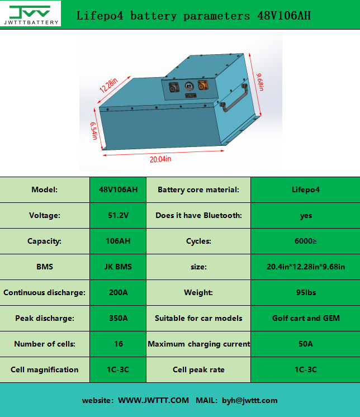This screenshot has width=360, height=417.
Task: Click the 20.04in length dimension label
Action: pyautogui.click(x=160, y=159)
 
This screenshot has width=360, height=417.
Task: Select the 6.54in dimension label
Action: pyautogui.click(x=94, y=132)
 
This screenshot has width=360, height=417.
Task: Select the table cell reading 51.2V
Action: pyautogui.click(x=118, y=215)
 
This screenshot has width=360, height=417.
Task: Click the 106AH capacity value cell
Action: pyautogui.click(x=118, y=241)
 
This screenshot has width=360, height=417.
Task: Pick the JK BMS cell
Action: pyautogui.click(x=118, y=267)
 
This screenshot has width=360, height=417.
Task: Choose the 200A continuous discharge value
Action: pyautogui.click(x=118, y=292)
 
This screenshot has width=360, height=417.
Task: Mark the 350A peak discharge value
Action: pyautogui.click(x=118, y=318)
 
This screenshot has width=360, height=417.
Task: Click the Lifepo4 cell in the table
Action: pyautogui.click(x=306, y=189)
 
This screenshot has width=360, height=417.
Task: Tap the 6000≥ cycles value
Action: pyautogui.click(x=306, y=241)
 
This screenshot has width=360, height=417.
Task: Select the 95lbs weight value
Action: pyautogui.click(x=306, y=292)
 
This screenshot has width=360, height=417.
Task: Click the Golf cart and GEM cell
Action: pyautogui.click(x=306, y=318)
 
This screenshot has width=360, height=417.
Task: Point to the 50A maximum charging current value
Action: pyautogui.click(x=306, y=344)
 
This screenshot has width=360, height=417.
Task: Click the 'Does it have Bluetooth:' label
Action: pyautogui.click(x=198, y=215)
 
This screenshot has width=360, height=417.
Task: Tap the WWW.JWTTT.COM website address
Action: pyautogui.click(x=153, y=400)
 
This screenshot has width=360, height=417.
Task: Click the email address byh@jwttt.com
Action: pyautogui.click(x=249, y=400)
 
